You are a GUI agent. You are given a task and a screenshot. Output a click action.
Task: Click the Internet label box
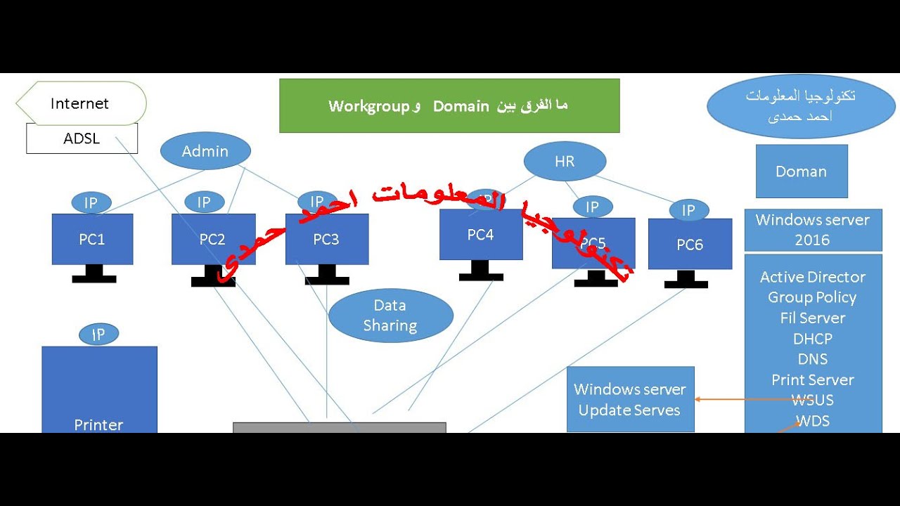[81, 104]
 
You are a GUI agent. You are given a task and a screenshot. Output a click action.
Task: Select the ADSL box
[82, 138]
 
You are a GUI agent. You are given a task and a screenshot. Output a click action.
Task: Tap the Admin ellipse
[205, 151]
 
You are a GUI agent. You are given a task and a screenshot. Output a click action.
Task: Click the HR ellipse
[565, 162]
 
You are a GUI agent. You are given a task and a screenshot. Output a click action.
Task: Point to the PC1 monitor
[92, 240]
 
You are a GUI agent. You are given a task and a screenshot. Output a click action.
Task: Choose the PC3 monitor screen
[327, 240]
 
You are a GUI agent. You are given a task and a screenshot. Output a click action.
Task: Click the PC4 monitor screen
[481, 235]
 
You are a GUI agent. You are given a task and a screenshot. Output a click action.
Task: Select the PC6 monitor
[690, 245]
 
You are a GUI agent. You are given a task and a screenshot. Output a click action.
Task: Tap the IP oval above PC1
[91, 203]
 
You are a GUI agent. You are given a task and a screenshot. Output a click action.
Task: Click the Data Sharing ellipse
[390, 316]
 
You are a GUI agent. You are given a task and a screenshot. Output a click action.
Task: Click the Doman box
[802, 171]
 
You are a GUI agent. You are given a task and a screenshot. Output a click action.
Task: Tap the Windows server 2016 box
[813, 230]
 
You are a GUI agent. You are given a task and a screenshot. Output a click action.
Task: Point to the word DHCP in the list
[813, 339]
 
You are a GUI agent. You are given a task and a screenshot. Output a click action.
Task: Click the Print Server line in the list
[813, 380]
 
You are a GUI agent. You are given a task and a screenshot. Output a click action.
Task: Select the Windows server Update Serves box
[630, 399]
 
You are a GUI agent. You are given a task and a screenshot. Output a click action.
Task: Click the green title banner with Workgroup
[449, 106]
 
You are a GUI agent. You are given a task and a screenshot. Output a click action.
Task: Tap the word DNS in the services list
[813, 359]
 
